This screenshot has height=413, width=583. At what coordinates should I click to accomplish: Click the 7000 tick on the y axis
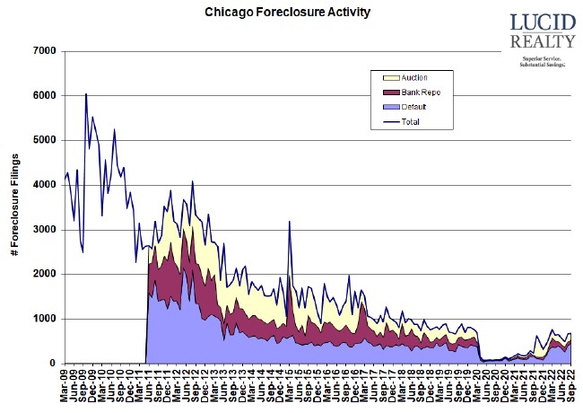(x=44, y=51)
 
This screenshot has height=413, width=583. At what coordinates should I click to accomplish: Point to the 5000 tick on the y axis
(x=44, y=140)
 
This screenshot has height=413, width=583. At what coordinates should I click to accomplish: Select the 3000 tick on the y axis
(x=44, y=230)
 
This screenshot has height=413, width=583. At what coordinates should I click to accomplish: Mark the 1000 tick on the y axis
(x=44, y=319)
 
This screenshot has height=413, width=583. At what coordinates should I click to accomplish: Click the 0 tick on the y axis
(x=54, y=364)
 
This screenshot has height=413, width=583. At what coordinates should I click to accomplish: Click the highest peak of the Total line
(x=86, y=94)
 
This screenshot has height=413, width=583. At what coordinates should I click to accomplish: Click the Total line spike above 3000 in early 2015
(x=290, y=222)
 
